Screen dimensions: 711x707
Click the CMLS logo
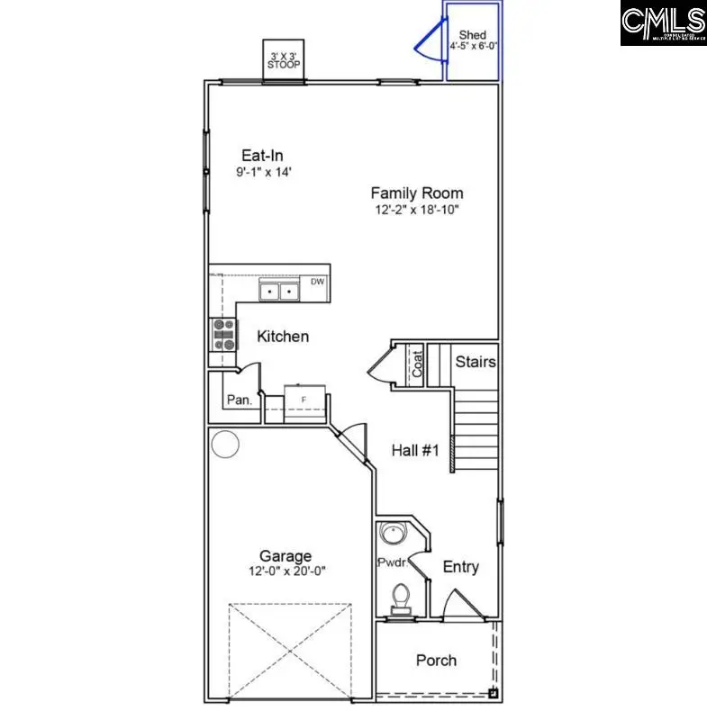pyautogui.click(x=663, y=23)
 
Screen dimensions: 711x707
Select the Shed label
pyautogui.click(x=473, y=35)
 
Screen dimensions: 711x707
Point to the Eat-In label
pyautogui.click(x=262, y=156)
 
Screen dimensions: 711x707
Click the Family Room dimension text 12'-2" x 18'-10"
pyautogui.click(x=417, y=210)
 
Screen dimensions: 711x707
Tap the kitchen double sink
pyautogui.click(x=279, y=291)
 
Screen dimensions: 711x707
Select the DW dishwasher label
pyautogui.click(x=317, y=282)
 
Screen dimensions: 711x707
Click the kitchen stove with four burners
pyautogui.click(x=222, y=335)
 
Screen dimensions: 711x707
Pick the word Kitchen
pyautogui.click(x=283, y=337)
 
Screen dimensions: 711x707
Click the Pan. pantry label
pyautogui.click(x=238, y=400)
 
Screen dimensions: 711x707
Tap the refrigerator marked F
pyautogui.click(x=304, y=399)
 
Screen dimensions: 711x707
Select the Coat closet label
pyautogui.click(x=417, y=364)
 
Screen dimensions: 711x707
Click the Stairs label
pyautogui.click(x=475, y=362)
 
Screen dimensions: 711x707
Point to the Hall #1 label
pyautogui.click(x=415, y=450)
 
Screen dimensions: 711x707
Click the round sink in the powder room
pyautogui.click(x=394, y=534)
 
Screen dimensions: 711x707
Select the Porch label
pyautogui.click(x=436, y=661)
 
